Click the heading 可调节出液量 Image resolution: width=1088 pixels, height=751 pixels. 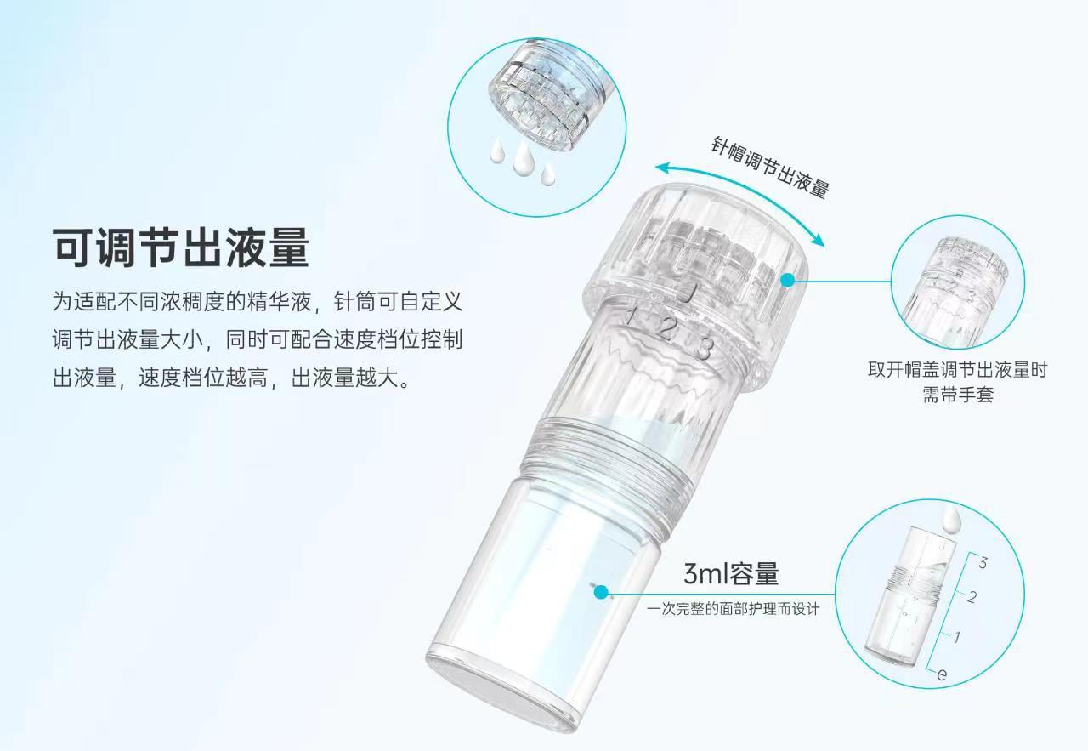181,247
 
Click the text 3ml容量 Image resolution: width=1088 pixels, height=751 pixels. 731,573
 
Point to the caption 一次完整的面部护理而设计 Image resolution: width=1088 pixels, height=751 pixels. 733,609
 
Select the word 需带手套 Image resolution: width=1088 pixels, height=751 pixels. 958,395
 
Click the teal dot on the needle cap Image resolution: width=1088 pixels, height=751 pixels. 787,280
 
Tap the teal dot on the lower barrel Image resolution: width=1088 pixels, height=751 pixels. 601,592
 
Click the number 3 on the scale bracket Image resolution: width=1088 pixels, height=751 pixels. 983,563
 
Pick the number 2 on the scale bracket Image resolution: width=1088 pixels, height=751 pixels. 972,597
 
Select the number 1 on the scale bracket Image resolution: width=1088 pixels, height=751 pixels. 957,637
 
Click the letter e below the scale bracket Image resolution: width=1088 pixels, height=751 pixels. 942,674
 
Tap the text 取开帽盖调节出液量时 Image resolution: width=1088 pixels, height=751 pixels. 958,370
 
